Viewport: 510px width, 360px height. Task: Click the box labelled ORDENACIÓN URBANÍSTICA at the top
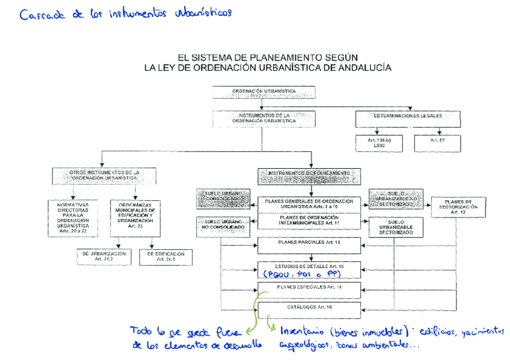pyautogui.click(x=263, y=92)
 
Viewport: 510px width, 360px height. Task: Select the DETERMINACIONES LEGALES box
pyautogui.click(x=408, y=118)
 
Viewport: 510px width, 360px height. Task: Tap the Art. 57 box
pyautogui.click(x=437, y=143)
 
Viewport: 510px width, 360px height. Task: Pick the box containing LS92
pyautogui.click(x=379, y=143)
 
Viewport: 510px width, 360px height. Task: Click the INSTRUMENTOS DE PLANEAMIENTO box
pyautogui.click(x=309, y=175)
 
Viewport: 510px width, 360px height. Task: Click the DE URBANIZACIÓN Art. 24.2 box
pyautogui.click(x=104, y=257)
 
